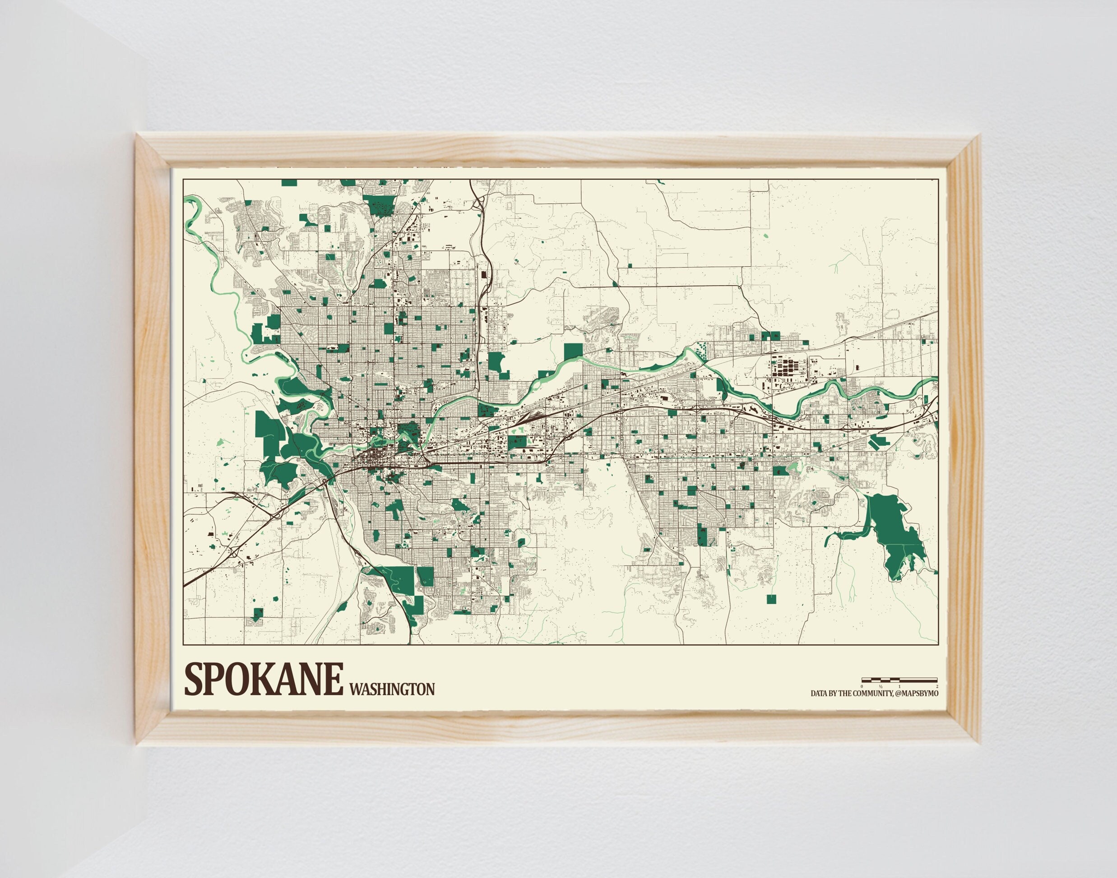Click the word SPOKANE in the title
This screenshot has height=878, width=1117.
click(x=263, y=679)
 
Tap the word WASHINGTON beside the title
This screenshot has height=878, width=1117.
click(x=391, y=689)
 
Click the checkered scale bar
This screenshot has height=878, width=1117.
click(x=899, y=680)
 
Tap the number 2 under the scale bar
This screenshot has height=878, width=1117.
click(x=937, y=686)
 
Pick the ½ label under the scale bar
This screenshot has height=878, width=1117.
click(x=881, y=686)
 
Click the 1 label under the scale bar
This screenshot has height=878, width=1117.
click(x=899, y=686)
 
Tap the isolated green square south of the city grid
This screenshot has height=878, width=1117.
click(x=771, y=599)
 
